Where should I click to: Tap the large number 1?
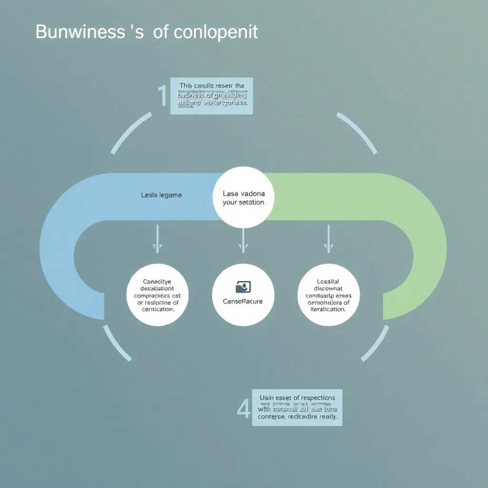pyautogui.click(x=162, y=96)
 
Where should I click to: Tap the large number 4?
pyautogui.click(x=244, y=409)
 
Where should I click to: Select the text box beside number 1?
pyautogui.click(x=212, y=96)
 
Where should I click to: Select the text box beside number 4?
pyautogui.click(x=297, y=407)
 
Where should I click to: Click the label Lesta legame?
pyautogui.click(x=162, y=195)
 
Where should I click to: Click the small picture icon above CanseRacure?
pyautogui.click(x=243, y=287)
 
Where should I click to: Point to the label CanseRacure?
pyautogui.click(x=243, y=301)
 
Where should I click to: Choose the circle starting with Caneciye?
pyautogui.click(x=158, y=295)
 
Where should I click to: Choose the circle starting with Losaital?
pyautogui.click(x=328, y=295)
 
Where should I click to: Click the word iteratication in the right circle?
pyautogui.click(x=328, y=309)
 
